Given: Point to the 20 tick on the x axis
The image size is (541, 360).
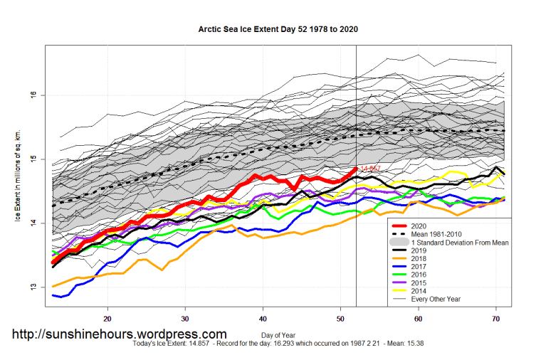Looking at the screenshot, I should click(107, 318).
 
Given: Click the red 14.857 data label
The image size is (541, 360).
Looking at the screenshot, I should click(370, 169).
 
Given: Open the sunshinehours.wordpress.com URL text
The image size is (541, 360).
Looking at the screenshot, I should click(120, 334).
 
